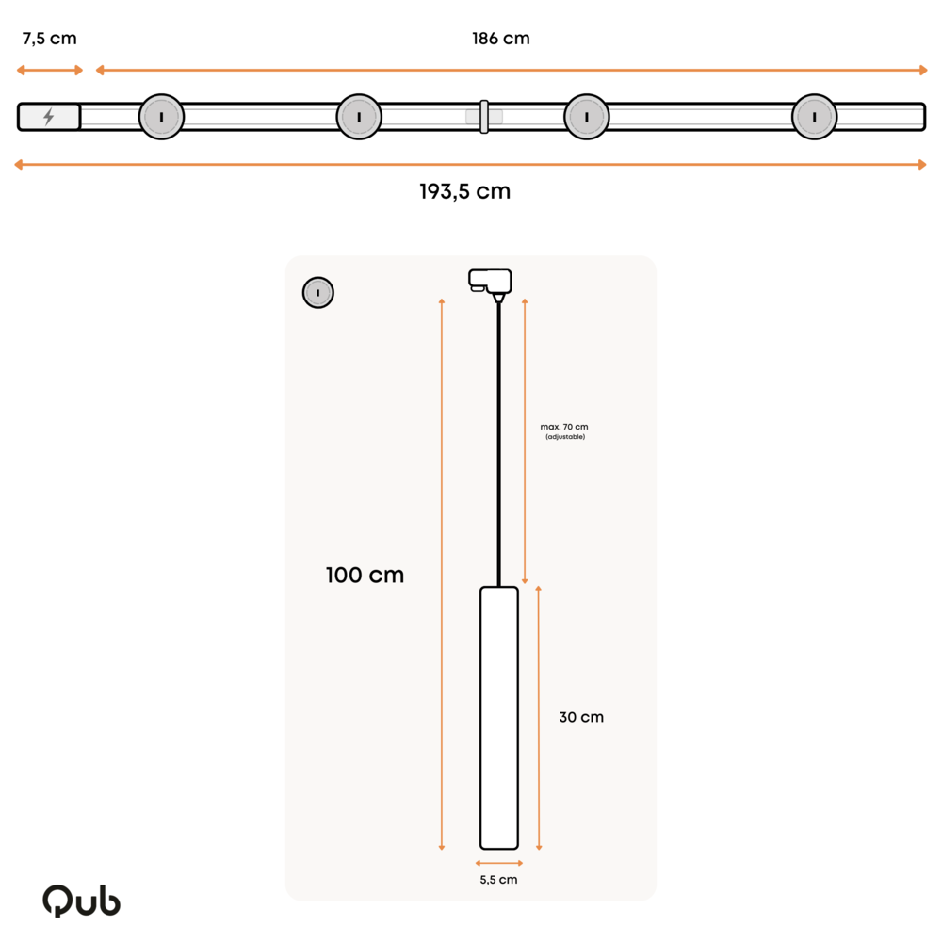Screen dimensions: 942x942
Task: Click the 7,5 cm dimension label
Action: tap(50, 39)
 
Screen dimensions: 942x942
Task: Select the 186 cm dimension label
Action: tap(500, 39)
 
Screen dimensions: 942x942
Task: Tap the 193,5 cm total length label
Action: tap(464, 191)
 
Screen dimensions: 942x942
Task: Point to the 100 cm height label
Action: tap(365, 575)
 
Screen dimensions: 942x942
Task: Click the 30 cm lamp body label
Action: tap(580, 717)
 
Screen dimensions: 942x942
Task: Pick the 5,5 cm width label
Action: tap(498, 880)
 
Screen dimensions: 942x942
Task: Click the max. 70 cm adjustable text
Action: tap(564, 430)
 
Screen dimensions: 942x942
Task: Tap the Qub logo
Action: tap(81, 901)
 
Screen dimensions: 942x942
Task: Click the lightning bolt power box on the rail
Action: tap(49, 117)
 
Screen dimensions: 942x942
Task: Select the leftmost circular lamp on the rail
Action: tap(161, 117)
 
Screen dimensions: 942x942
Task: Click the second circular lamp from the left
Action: tap(359, 117)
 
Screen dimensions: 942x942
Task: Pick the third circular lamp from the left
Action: tap(587, 117)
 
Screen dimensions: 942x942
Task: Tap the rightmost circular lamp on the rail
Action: tap(814, 117)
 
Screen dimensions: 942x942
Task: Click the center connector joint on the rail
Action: tap(484, 117)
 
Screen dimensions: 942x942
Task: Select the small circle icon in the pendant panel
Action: tap(318, 293)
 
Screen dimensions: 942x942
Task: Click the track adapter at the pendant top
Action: tap(490, 281)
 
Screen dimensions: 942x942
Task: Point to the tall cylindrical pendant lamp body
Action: tap(499, 717)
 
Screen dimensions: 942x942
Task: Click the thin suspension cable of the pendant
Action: tap(498, 443)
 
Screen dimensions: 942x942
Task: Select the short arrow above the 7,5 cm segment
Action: tap(50, 70)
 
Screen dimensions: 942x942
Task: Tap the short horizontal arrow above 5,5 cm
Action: tap(499, 862)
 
